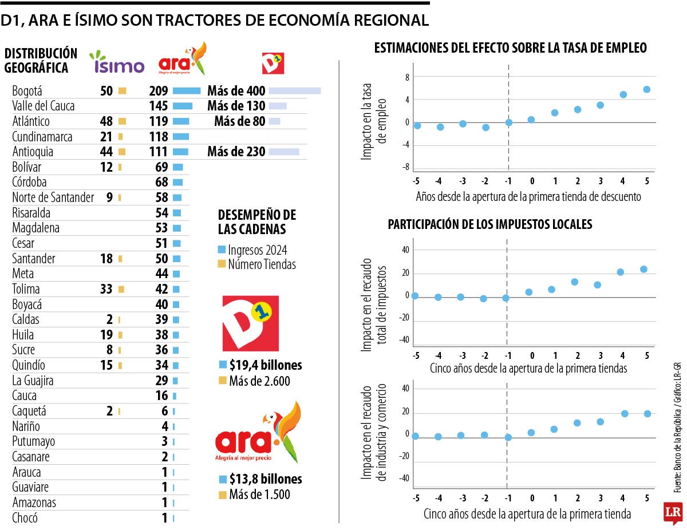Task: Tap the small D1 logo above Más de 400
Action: (273, 63)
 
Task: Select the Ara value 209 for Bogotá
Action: (158, 91)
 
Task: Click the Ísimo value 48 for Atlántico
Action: (106, 121)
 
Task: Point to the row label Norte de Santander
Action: (53, 197)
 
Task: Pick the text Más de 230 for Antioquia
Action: (236, 152)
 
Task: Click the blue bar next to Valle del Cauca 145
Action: (183, 106)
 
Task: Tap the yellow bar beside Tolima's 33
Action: (121, 289)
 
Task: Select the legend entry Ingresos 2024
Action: (252, 250)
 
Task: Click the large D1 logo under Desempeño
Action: (250, 323)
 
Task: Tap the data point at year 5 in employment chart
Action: (646, 89)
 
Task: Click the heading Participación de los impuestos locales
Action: (490, 224)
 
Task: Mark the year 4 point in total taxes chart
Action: (620, 272)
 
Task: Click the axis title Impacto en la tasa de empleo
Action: (374, 121)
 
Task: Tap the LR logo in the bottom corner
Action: (672, 513)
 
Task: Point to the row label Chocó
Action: (25, 519)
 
